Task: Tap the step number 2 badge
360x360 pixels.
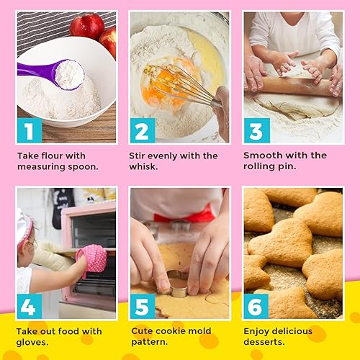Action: [x=143, y=130]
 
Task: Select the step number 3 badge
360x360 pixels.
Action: [x=256, y=130]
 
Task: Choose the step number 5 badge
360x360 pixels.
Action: [x=143, y=306]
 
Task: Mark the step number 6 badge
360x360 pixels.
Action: [x=256, y=306]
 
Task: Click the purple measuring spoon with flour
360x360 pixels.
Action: [x=58, y=73]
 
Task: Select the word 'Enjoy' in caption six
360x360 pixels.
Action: [x=259, y=331]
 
